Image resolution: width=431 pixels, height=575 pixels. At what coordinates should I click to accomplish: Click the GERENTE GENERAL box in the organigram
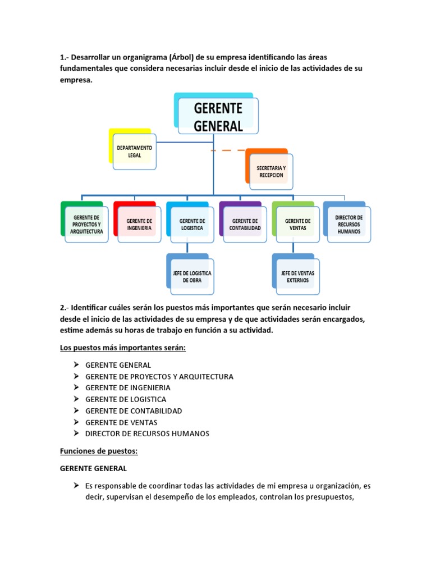(x=218, y=116)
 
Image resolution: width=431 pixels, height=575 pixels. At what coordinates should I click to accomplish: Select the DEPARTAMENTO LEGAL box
(x=134, y=151)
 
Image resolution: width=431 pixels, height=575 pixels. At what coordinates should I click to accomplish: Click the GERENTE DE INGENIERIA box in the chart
(x=139, y=224)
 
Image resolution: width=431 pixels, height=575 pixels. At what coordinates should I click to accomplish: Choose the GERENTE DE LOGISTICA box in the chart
(x=192, y=224)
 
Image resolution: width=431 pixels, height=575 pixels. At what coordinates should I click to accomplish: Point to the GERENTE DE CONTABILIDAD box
(x=245, y=224)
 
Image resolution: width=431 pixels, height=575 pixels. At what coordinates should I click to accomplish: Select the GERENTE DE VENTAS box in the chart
(x=297, y=224)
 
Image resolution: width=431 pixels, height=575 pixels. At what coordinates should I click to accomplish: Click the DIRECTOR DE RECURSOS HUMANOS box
(x=349, y=224)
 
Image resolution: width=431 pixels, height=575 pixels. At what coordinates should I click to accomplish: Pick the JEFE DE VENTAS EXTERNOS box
(x=297, y=276)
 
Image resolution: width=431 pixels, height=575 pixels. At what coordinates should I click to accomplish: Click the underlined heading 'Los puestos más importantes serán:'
(x=122, y=348)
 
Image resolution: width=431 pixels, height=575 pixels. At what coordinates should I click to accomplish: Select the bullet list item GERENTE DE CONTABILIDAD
(x=134, y=410)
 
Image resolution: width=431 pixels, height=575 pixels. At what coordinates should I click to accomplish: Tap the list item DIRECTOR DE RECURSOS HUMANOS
(x=147, y=433)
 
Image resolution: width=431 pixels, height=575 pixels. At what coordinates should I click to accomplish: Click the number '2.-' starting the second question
(x=64, y=308)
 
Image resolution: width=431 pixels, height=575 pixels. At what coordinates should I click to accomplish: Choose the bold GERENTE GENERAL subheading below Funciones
(x=94, y=468)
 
